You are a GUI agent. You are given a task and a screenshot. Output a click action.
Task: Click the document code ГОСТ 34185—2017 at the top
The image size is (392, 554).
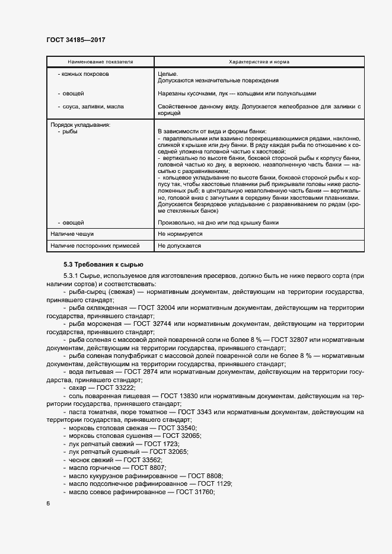[75, 40]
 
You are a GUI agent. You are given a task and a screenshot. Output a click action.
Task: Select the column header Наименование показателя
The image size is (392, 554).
[100, 61]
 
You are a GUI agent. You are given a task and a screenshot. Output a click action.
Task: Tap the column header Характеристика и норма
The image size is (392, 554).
[259, 61]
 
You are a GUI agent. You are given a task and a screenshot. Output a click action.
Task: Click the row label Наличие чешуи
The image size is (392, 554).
[72, 234]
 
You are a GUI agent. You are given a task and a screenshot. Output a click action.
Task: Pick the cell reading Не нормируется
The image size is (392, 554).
[180, 234]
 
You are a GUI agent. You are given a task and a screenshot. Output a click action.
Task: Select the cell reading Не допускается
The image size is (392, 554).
[180, 245]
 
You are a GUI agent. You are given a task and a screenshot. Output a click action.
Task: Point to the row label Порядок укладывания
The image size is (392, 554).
[80, 124]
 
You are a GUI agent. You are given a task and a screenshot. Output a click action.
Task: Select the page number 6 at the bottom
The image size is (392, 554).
[48, 504]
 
